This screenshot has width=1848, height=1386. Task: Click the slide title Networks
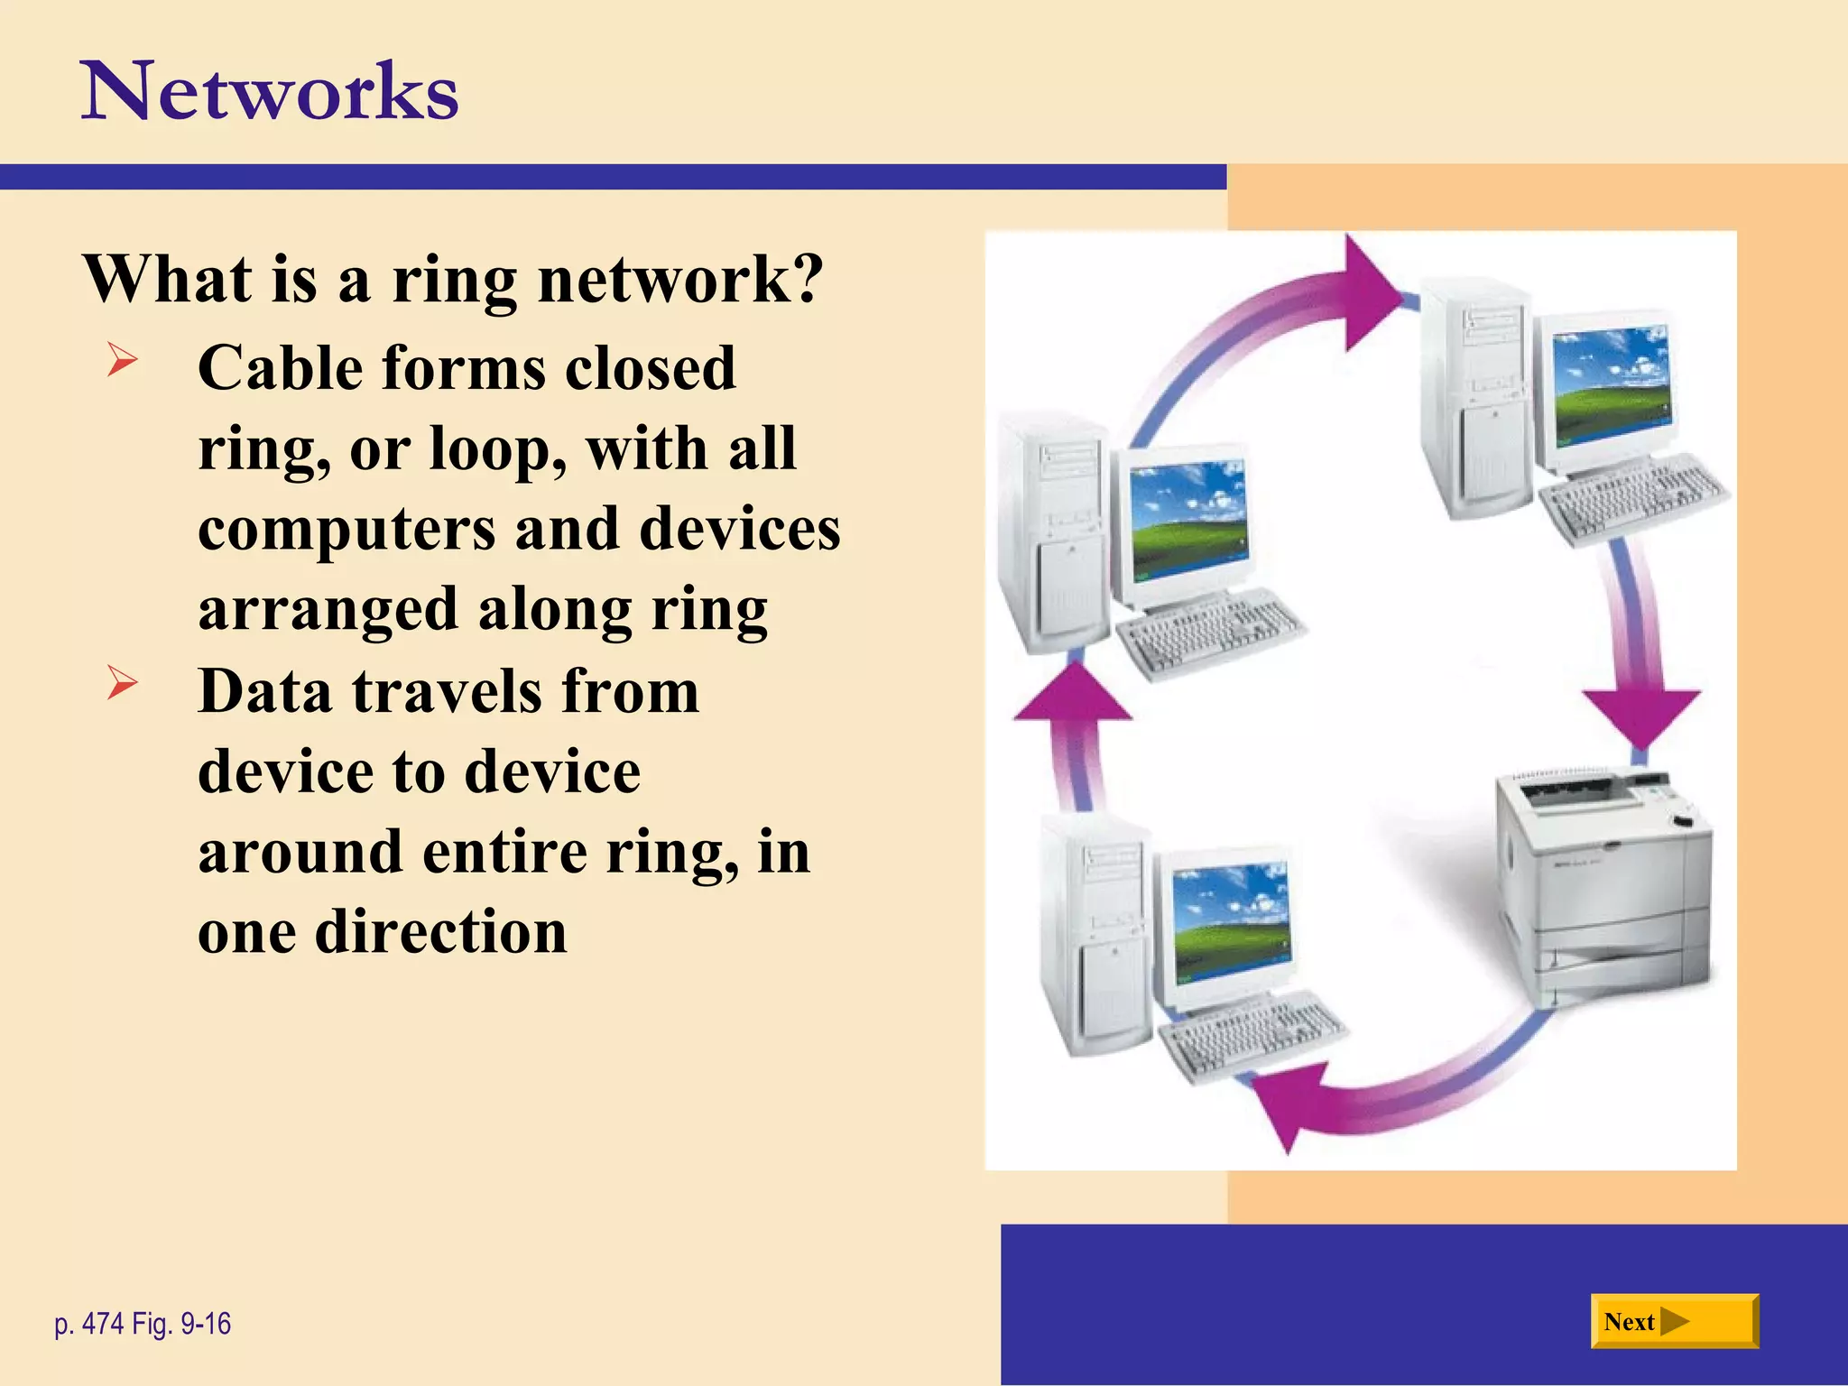point(270,91)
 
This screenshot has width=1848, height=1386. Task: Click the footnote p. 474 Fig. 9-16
point(143,1324)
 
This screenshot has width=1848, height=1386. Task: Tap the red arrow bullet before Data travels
point(122,682)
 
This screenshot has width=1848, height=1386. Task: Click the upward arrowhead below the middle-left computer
point(1073,696)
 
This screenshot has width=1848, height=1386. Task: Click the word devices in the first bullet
point(740,529)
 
